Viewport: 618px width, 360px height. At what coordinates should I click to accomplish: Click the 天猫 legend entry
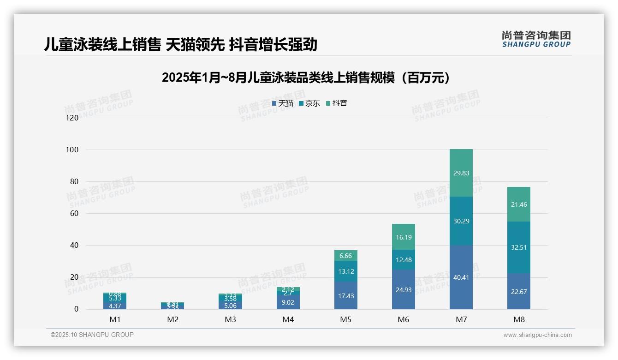[x=283, y=103]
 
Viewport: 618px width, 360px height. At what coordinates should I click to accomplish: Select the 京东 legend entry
[x=309, y=103]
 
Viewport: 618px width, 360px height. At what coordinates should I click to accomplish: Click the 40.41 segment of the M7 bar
[x=461, y=277]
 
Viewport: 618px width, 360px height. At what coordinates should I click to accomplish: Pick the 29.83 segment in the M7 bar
[x=461, y=173]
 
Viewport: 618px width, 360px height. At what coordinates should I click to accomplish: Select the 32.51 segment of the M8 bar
[x=519, y=247]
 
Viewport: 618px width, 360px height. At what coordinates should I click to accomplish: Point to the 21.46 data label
[x=519, y=204]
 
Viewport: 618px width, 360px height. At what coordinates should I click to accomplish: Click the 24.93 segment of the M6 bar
[x=404, y=289]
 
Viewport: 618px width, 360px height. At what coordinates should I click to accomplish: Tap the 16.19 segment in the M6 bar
[x=404, y=237]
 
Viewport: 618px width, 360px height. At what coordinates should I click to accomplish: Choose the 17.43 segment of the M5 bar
[x=346, y=295]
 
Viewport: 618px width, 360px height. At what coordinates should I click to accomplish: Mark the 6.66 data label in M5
[x=346, y=256]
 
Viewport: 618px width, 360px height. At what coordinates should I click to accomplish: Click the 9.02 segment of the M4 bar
[x=288, y=302]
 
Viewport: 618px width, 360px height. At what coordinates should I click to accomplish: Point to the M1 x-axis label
[x=115, y=320]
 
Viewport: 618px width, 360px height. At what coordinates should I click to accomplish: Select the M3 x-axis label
[x=230, y=320]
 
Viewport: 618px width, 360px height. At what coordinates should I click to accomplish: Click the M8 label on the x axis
[x=519, y=320]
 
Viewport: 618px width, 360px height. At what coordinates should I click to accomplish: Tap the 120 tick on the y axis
[x=71, y=118]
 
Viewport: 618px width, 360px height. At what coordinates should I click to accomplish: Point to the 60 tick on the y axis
[x=73, y=214]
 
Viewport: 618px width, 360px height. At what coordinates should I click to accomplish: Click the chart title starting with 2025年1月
[x=306, y=78]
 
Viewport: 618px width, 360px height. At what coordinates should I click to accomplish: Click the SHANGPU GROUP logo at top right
[x=536, y=39]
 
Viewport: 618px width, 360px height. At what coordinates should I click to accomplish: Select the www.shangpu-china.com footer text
[x=537, y=335]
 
